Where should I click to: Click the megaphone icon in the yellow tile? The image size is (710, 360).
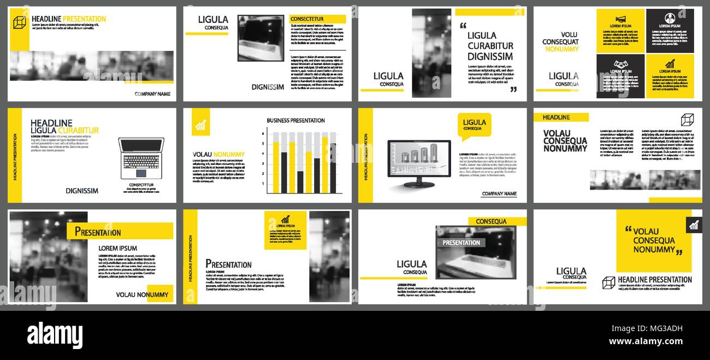click(x=620, y=19)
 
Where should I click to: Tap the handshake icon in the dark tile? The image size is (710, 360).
click(x=620, y=64)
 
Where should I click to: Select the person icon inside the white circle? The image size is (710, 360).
click(x=670, y=18)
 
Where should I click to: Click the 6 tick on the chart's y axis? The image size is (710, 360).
click(x=263, y=134)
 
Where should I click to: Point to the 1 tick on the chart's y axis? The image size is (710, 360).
click(x=263, y=184)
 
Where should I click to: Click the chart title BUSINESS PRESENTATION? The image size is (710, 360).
click(x=295, y=121)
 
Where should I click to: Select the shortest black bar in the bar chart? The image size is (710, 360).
click(x=300, y=182)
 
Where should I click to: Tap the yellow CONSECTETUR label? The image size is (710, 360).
click(x=317, y=19)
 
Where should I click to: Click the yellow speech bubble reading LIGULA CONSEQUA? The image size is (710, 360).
click(x=474, y=126)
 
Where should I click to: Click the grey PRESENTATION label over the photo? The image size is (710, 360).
click(x=461, y=243)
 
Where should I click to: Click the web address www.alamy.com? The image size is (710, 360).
click(x=646, y=342)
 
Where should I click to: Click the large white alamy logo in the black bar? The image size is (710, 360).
click(x=55, y=334)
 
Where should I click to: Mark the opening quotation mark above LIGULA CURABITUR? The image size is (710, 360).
click(x=463, y=25)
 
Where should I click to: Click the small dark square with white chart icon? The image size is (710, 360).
click(x=694, y=225)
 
